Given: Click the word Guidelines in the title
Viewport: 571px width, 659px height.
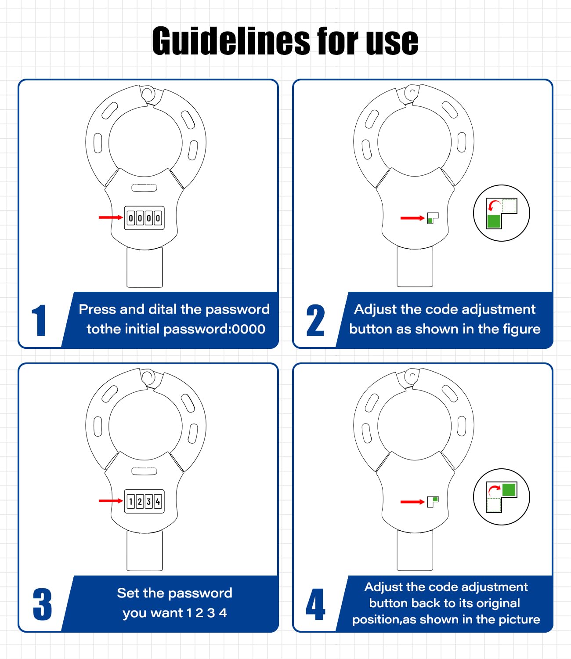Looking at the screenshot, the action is [231, 41].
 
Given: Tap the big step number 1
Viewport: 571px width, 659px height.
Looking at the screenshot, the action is [40, 320].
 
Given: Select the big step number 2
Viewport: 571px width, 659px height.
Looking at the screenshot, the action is [315, 320].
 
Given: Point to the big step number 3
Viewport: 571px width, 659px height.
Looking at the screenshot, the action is [42, 604].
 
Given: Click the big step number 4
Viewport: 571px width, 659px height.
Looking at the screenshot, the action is [315, 604].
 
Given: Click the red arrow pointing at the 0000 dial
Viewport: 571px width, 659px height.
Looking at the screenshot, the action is [111, 217].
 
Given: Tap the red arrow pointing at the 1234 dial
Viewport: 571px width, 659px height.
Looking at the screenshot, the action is [111, 501].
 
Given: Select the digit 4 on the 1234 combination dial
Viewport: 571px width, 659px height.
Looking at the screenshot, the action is [158, 502].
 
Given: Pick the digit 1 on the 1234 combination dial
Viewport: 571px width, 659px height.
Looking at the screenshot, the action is [130, 502].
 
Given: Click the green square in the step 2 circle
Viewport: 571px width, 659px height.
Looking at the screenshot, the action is [494, 221].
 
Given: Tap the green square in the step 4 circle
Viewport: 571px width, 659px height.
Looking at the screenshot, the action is [509, 490].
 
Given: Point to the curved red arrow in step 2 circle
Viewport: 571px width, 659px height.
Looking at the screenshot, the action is [494, 205].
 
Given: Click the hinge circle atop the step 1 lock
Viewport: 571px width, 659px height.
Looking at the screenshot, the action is [147, 94].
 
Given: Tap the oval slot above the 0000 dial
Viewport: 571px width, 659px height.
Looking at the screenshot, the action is [144, 188].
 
